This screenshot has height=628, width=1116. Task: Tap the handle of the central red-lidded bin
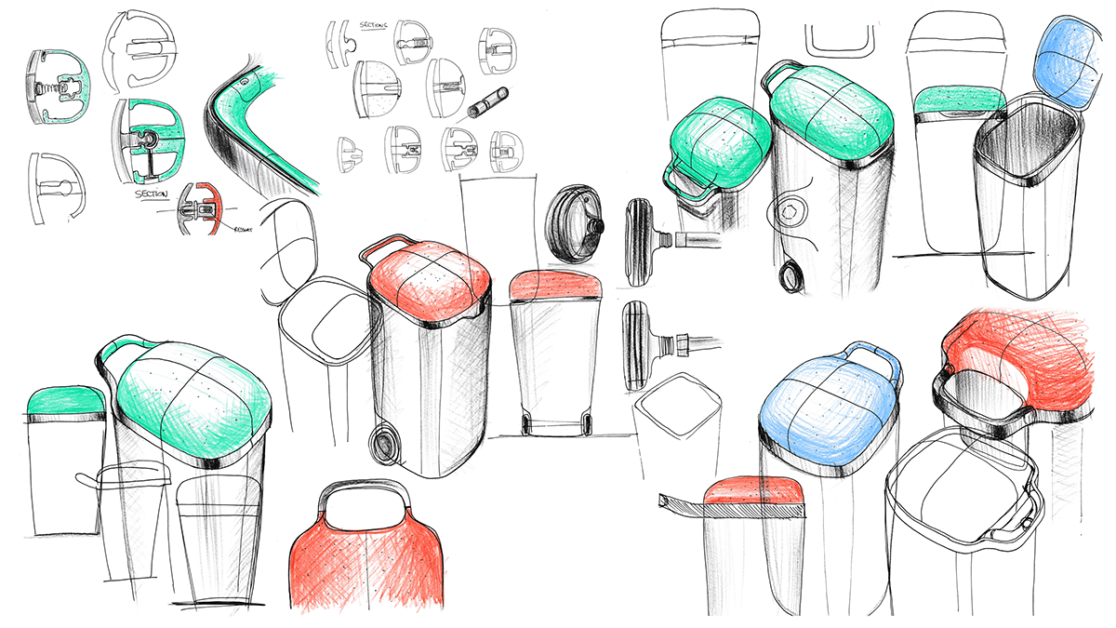pos(381,247)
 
